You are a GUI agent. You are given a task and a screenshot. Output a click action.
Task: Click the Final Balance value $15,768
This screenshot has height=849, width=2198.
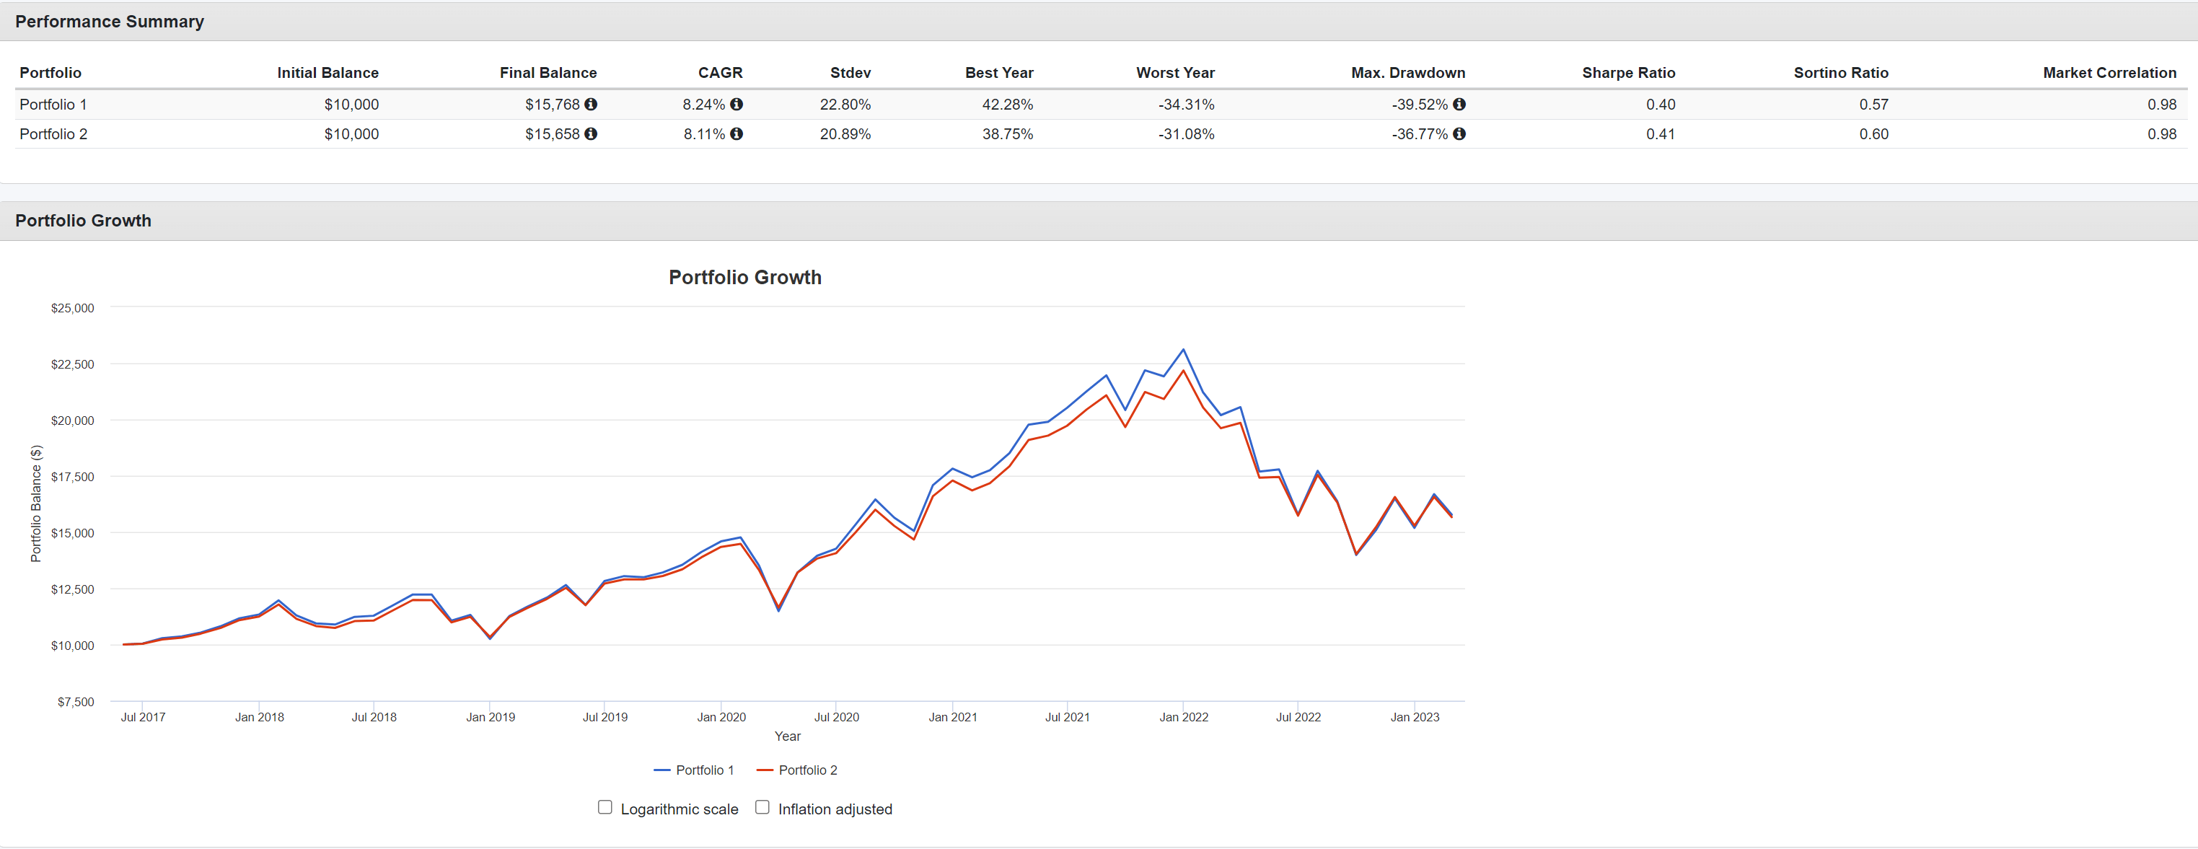pos(551,104)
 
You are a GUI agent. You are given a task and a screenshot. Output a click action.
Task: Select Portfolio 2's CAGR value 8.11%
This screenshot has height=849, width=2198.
pos(703,134)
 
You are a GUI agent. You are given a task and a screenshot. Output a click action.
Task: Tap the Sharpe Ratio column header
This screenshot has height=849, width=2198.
pos(1627,73)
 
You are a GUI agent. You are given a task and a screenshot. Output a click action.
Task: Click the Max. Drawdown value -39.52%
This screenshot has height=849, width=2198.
pos(1419,104)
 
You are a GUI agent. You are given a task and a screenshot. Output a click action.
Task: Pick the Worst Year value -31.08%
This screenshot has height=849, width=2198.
pos(1185,134)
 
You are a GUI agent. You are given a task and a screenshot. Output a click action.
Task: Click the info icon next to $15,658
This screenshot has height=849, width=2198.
pos(591,134)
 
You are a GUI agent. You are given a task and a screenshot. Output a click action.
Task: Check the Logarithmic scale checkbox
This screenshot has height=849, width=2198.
pos(605,807)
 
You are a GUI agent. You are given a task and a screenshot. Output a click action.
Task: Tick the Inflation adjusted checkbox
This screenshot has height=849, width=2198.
pos(762,807)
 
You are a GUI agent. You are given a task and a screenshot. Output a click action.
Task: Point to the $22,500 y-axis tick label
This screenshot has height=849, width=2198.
pos(73,364)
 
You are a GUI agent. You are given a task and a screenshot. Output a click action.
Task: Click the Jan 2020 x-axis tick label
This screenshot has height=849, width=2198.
pos(721,717)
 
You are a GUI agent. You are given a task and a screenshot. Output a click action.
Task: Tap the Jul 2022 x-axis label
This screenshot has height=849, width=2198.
pos(1297,717)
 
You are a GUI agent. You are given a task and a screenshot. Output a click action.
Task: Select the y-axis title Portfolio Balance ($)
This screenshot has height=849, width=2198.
pos(36,503)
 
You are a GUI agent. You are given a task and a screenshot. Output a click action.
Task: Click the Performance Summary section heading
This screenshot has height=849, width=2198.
pos(109,22)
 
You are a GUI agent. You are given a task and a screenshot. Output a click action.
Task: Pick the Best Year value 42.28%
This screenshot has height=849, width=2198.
pos(1007,104)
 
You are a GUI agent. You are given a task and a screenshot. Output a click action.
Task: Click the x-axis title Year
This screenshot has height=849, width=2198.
pos(787,736)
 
